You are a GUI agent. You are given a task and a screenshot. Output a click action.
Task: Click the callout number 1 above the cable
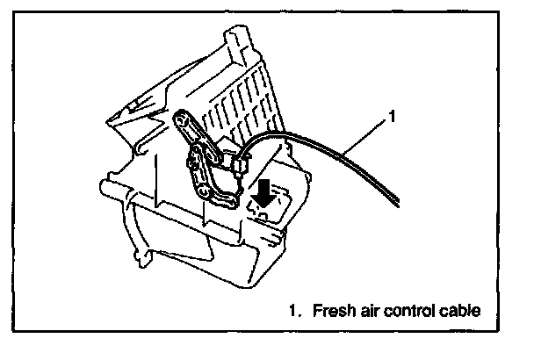point(393,115)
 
